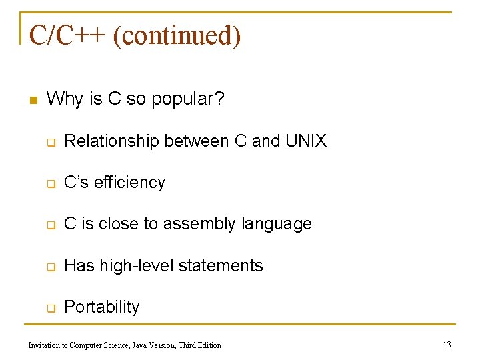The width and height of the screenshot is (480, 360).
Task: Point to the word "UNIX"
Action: point(306,141)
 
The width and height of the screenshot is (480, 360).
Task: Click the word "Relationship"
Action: point(112,141)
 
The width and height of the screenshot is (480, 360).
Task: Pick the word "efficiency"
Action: point(130,183)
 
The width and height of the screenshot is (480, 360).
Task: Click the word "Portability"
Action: point(101,307)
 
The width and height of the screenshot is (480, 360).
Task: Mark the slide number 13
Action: point(447,344)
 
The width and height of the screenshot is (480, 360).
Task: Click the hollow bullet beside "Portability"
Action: point(51,309)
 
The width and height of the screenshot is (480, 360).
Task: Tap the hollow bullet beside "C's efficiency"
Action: point(51,184)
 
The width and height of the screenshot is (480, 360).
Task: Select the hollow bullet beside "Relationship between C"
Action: point(51,142)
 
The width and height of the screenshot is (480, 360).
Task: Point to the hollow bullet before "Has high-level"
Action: point(51,267)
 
